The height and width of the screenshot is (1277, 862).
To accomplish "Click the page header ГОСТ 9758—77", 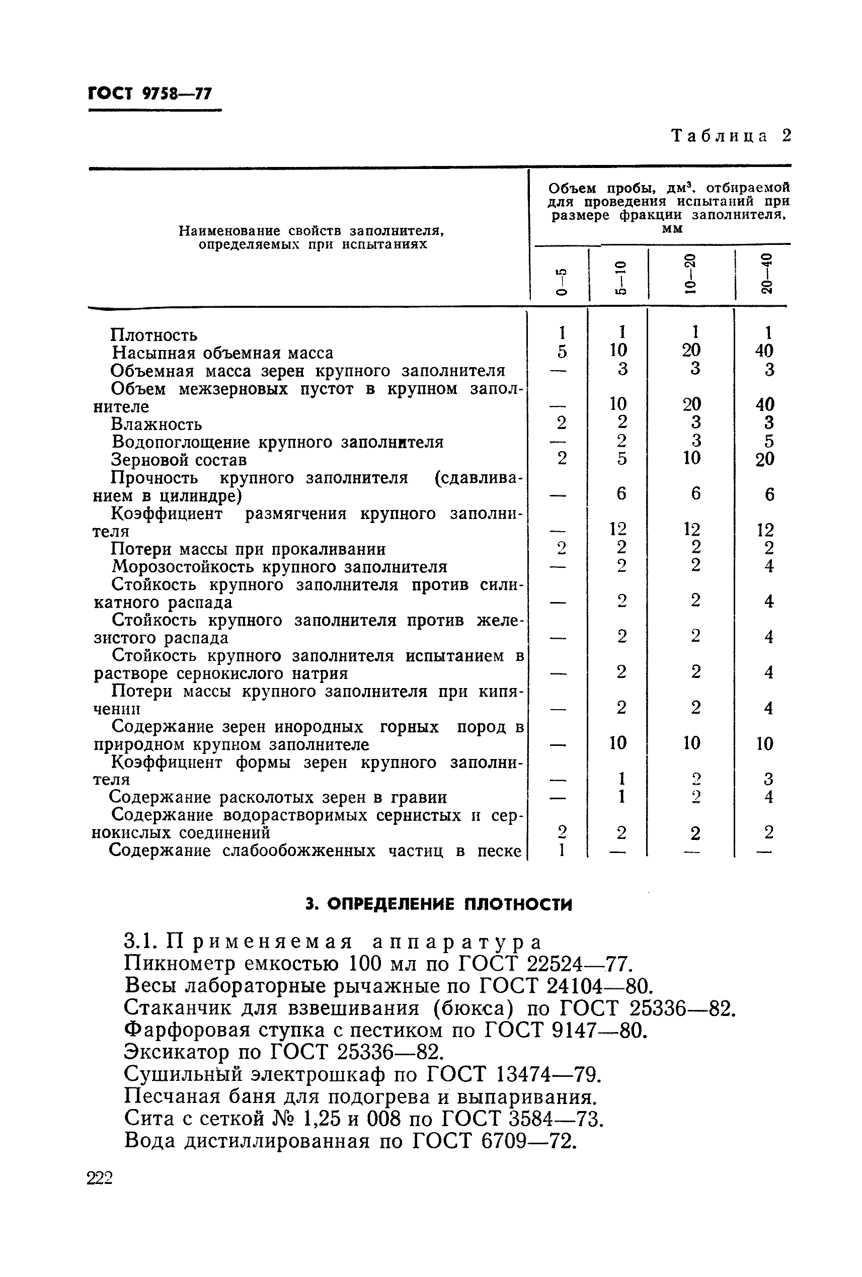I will (x=149, y=94).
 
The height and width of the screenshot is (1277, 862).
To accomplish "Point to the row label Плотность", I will (x=154, y=334).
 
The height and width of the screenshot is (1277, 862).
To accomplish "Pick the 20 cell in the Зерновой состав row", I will (x=765, y=459).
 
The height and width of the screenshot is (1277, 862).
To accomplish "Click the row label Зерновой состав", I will (x=179, y=459).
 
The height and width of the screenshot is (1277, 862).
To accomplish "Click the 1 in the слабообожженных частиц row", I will (x=561, y=850).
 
